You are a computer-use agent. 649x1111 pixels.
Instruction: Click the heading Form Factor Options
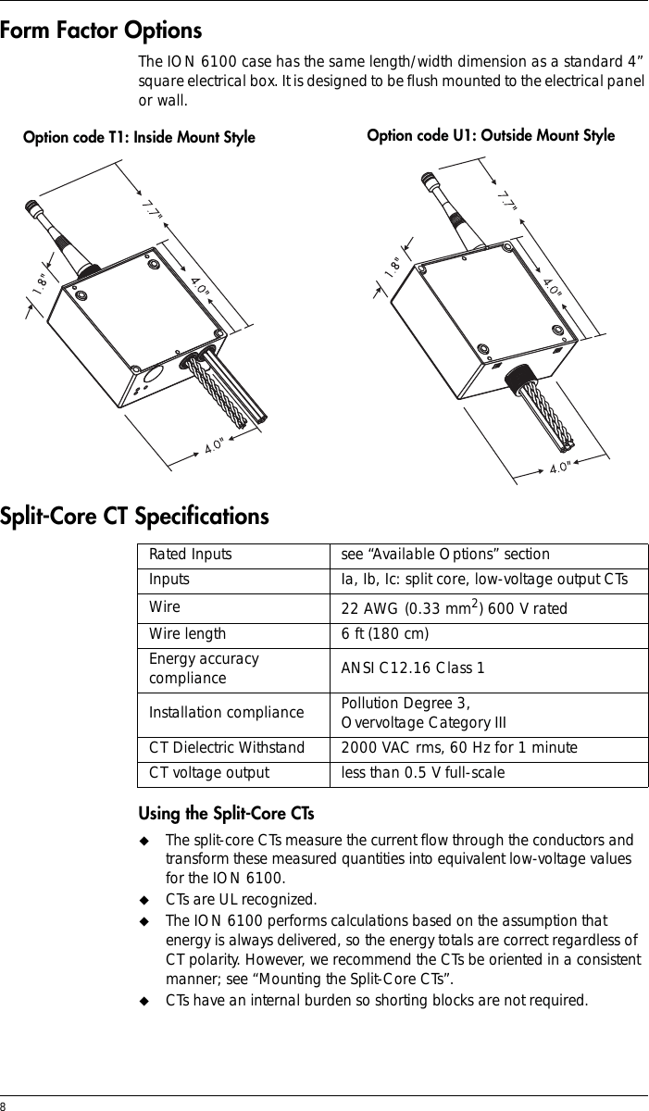pyautogui.click(x=101, y=31)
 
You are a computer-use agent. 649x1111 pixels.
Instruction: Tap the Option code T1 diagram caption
pyautogui.click(x=139, y=137)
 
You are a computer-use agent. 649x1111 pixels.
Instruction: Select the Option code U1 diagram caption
pyautogui.click(x=491, y=135)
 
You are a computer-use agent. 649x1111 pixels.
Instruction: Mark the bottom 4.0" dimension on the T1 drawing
pyautogui.click(x=215, y=446)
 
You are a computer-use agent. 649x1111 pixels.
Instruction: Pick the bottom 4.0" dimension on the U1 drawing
pyautogui.click(x=560, y=468)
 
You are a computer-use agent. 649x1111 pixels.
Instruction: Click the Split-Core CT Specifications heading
pyautogui.click(x=134, y=517)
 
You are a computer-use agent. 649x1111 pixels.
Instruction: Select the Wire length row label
pyautogui.click(x=187, y=634)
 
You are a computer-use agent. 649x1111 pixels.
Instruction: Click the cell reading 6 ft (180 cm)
pyautogui.click(x=385, y=634)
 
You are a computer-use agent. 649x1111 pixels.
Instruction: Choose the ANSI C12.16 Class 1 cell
pyautogui.click(x=413, y=668)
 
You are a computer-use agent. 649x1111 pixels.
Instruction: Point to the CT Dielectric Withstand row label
pyautogui.click(x=227, y=747)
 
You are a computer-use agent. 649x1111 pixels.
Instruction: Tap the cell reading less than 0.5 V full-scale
pyautogui.click(x=423, y=772)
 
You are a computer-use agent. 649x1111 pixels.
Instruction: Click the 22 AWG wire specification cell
pyautogui.click(x=455, y=607)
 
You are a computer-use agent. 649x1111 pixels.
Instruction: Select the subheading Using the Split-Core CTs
pyautogui.click(x=226, y=814)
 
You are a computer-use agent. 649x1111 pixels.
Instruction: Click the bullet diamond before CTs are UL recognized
pyautogui.click(x=144, y=900)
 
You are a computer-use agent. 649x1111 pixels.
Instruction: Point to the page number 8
pyautogui.click(x=3, y=1105)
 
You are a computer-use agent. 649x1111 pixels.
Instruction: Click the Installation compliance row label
pyautogui.click(x=227, y=713)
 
